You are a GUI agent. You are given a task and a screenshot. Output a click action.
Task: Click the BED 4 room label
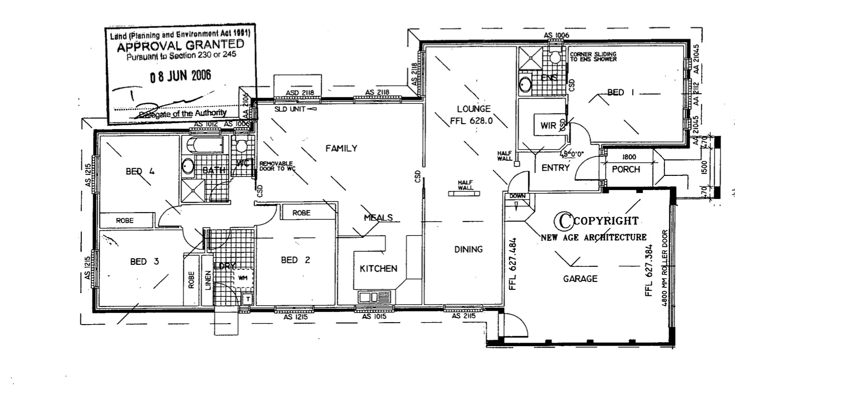click(140, 171)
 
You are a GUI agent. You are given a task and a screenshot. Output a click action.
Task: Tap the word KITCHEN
click(378, 269)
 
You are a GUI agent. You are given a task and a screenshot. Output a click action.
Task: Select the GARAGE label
click(580, 278)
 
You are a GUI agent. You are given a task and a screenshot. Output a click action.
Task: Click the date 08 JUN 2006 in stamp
click(181, 76)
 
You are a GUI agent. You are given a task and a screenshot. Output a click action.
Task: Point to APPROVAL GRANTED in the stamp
click(180, 47)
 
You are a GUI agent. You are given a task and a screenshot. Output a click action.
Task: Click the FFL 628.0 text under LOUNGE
click(472, 121)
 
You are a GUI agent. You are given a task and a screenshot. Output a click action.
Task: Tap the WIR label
click(548, 125)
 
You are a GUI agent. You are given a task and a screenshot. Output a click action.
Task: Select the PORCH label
click(626, 170)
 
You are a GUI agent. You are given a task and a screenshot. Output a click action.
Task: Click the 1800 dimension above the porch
click(629, 157)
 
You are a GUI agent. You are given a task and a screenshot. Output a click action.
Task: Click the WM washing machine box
click(243, 277)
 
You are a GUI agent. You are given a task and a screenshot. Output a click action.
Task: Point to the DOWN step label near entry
click(517, 196)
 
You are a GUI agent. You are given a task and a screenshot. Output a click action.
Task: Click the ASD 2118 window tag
click(300, 92)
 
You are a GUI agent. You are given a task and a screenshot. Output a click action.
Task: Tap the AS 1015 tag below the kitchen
click(373, 317)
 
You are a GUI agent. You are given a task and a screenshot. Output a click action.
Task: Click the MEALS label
click(378, 218)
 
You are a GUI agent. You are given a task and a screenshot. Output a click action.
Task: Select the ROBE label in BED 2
click(301, 213)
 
